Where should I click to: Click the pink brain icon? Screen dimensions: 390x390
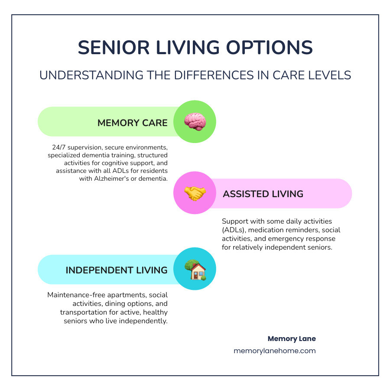point(195,122)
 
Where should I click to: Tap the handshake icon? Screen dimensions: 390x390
point(195,193)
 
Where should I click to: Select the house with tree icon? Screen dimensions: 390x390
point(195,270)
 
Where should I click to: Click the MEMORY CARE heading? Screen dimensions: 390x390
point(132,123)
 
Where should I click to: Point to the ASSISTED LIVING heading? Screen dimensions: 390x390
point(263,194)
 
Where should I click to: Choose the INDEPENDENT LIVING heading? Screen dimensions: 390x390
point(116,270)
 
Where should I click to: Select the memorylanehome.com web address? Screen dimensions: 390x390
point(275,351)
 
